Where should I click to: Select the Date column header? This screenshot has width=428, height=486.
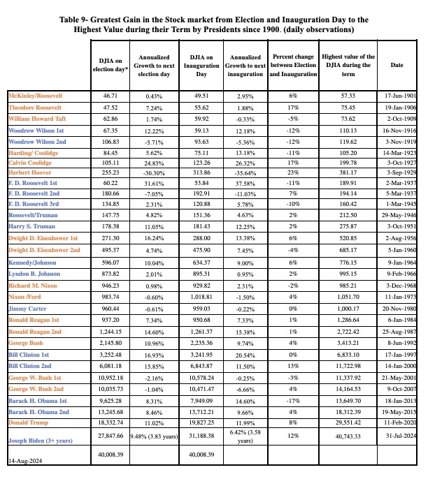click(x=397, y=65)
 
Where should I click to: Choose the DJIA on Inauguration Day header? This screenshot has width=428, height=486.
click(x=202, y=65)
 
